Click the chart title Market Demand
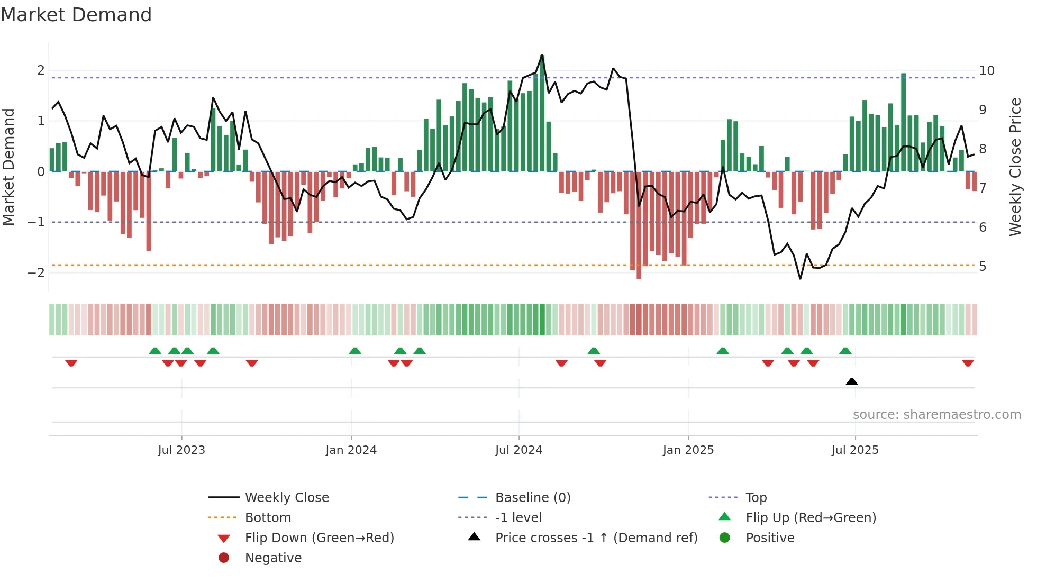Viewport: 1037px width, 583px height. tap(76, 15)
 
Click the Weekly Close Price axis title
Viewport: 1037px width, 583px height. tap(1015, 167)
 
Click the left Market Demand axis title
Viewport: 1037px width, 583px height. tap(8, 167)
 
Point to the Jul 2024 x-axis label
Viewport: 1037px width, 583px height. tap(518, 450)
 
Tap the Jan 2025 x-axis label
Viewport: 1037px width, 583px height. tap(688, 450)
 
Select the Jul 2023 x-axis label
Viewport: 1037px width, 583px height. tap(181, 450)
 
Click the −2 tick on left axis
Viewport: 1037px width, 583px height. tap(36, 273)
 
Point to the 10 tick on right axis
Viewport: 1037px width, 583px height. tap(987, 71)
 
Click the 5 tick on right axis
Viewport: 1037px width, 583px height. tap(983, 267)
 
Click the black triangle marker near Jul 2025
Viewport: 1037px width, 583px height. tap(852, 382)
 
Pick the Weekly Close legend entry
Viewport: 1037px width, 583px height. tap(286, 498)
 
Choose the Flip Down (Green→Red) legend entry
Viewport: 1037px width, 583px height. tap(319, 538)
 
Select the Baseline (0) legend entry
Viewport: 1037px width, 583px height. tap(532, 498)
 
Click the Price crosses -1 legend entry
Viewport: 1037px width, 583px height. tap(596, 538)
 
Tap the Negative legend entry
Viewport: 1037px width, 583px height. tap(273, 558)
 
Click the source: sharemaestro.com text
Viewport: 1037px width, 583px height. tap(936, 415)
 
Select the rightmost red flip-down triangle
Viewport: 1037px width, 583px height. tap(968, 363)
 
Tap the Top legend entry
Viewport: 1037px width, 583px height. tap(756, 498)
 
